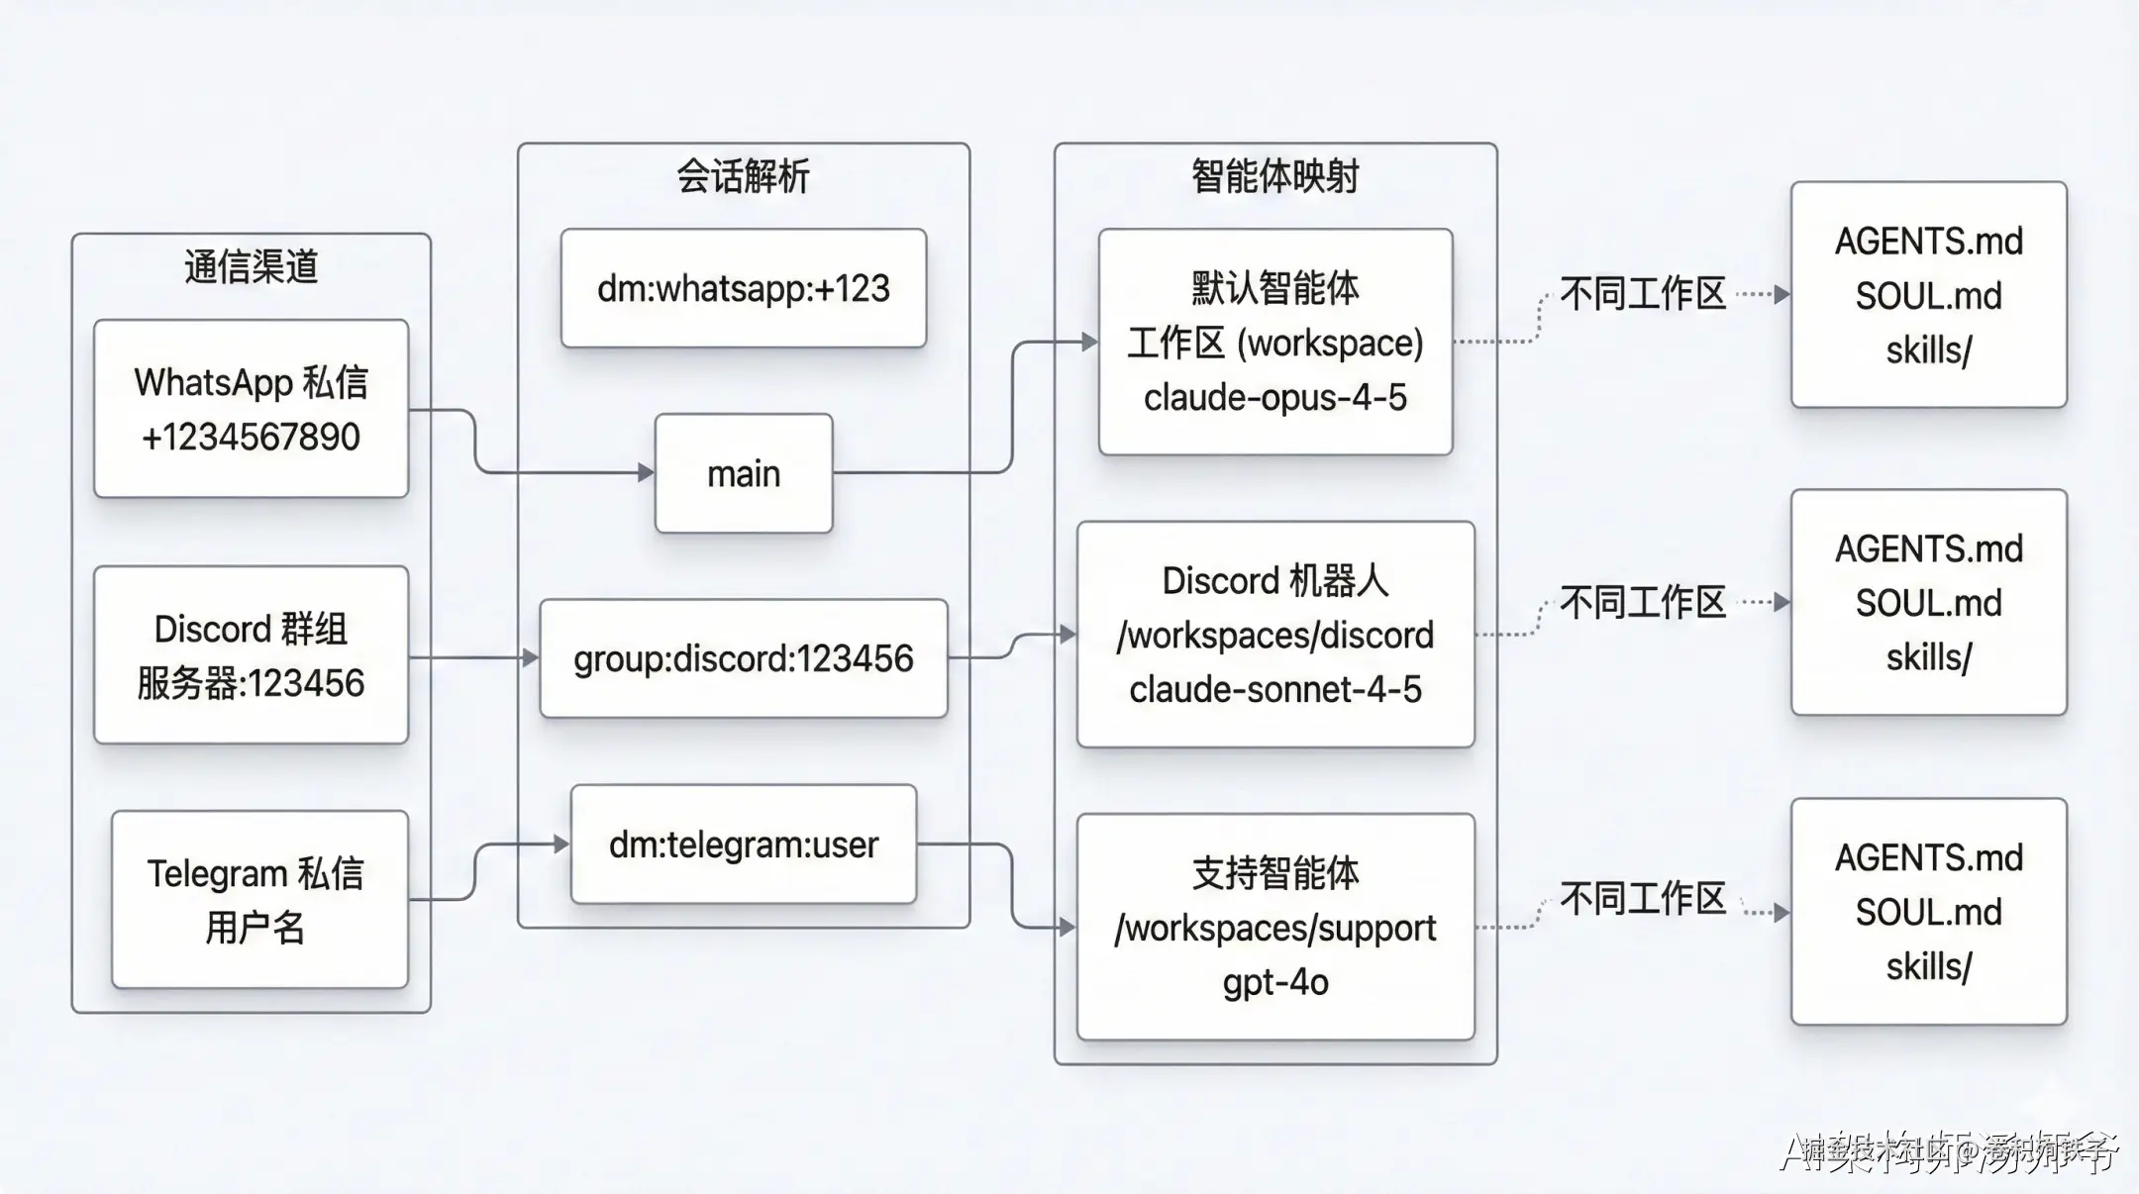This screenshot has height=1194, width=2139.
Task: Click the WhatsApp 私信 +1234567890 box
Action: click(x=251, y=408)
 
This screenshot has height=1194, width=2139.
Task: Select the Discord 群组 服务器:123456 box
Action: click(x=251, y=655)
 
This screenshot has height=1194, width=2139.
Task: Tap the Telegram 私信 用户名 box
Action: click(x=259, y=900)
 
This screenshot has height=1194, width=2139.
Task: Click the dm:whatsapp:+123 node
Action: click(x=743, y=288)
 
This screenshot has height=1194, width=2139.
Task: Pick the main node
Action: click(x=743, y=473)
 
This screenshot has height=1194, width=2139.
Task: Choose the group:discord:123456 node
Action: click(x=743, y=658)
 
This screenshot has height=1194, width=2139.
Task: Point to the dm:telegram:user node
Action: click(x=743, y=845)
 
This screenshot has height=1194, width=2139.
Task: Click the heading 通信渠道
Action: click(x=251, y=267)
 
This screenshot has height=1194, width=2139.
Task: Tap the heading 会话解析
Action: click(x=743, y=177)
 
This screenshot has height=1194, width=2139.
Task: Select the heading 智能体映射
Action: click(x=1274, y=177)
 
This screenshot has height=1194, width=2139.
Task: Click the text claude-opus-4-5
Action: click(x=1274, y=398)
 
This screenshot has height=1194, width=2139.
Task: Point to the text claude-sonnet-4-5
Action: click(x=1274, y=689)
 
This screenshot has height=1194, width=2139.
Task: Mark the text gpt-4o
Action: click(x=1274, y=982)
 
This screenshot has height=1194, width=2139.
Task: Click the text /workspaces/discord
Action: click(x=1274, y=635)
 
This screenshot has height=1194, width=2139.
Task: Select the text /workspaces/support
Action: click(x=1274, y=928)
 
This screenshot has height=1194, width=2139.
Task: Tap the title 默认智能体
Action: click(x=1274, y=288)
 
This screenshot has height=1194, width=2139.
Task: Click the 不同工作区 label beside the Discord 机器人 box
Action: click(x=1642, y=602)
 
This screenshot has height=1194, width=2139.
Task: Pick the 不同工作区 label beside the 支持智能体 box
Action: click(x=1642, y=899)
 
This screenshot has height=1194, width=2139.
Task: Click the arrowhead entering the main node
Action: click(x=646, y=473)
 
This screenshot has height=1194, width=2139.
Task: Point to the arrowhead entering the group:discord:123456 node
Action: click(x=531, y=657)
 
